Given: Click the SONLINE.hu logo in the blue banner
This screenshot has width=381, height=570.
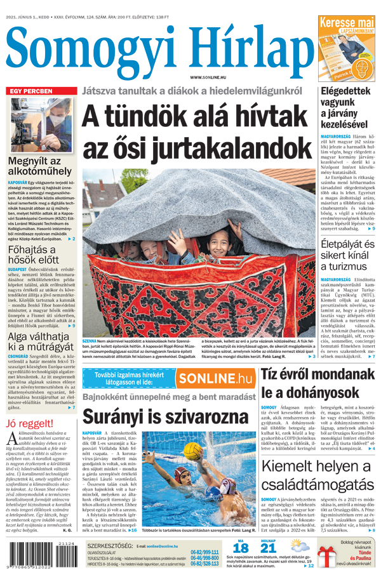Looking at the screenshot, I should point(215,379).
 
